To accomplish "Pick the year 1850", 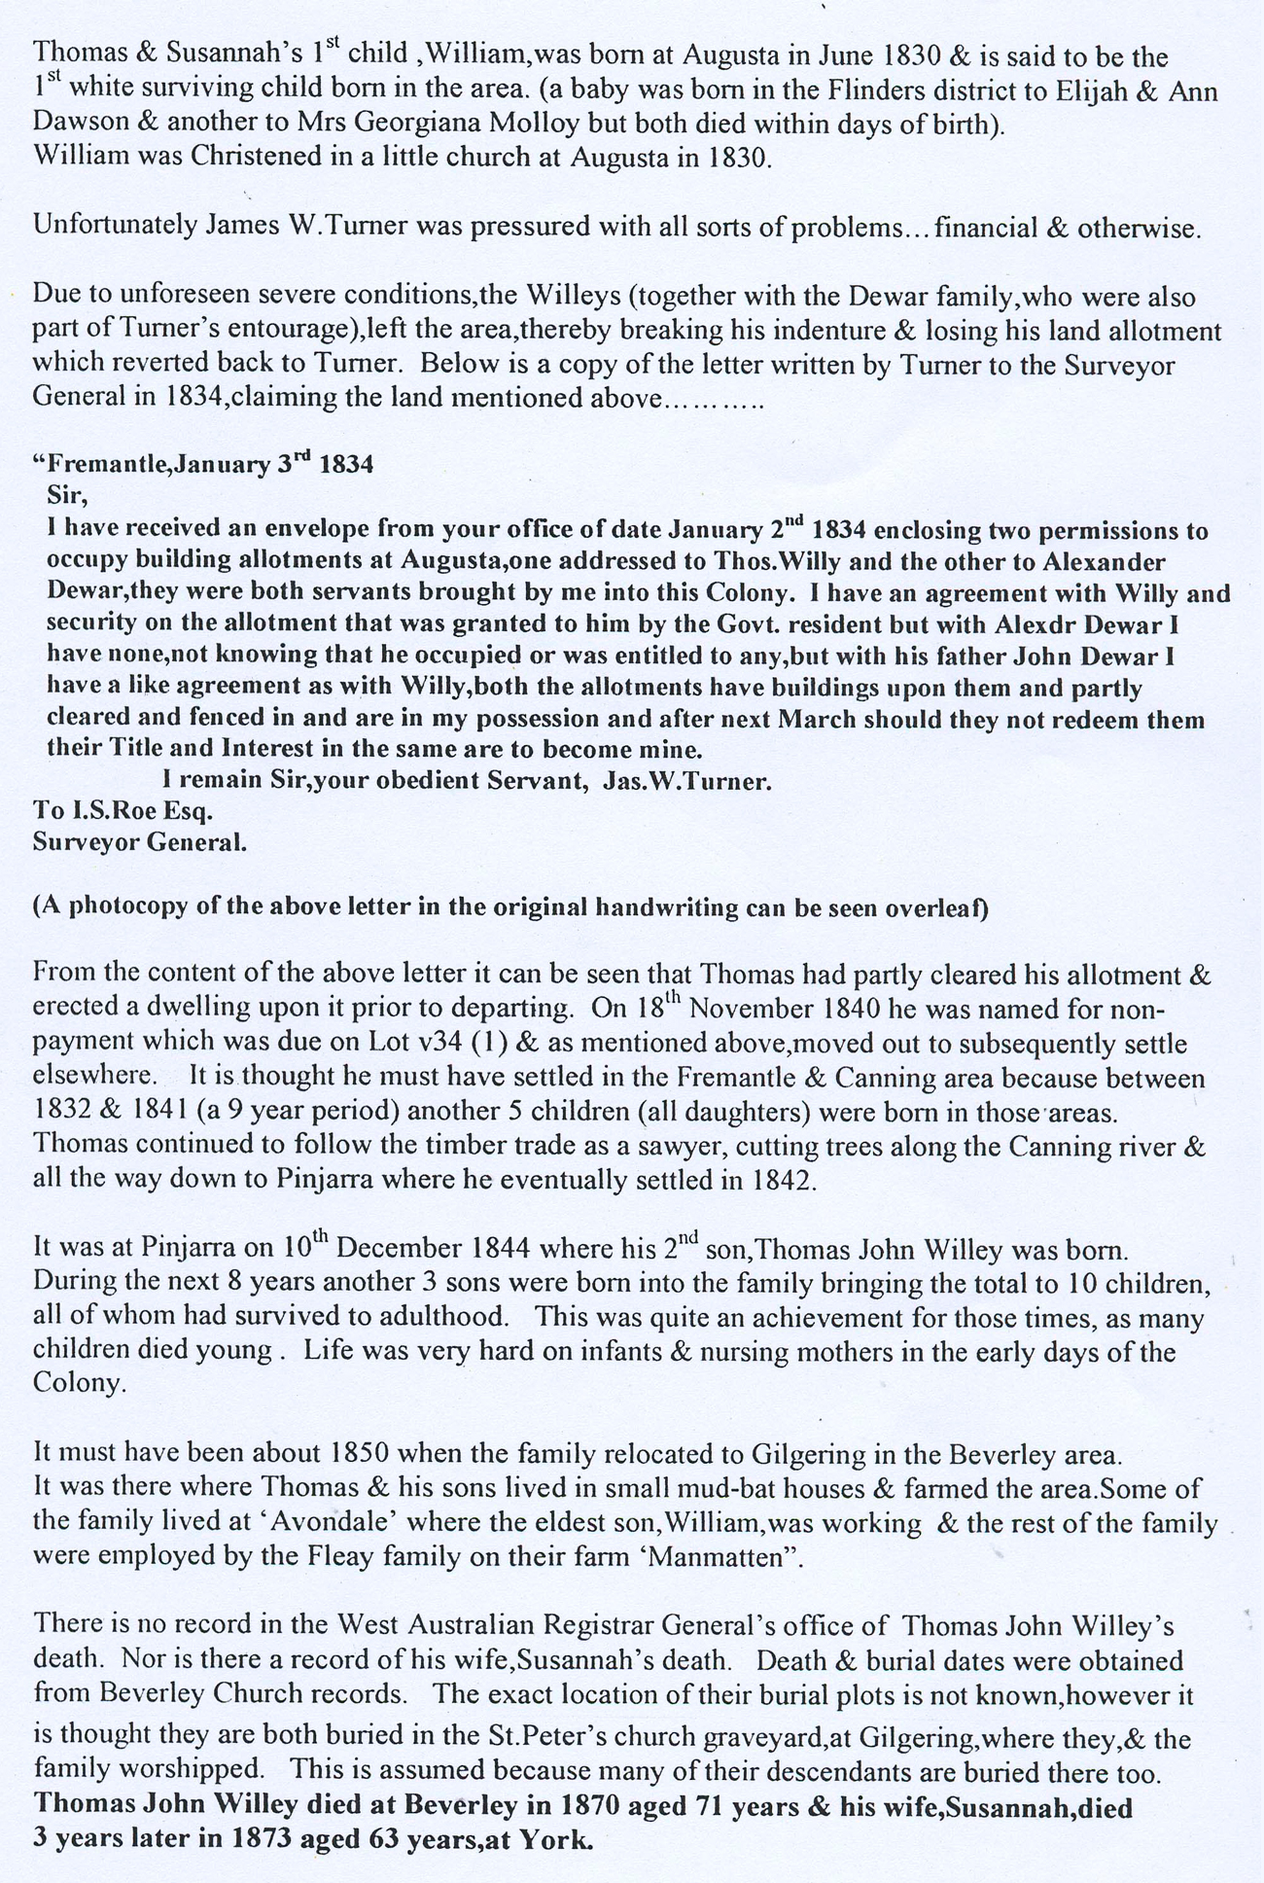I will click(360, 1454).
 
